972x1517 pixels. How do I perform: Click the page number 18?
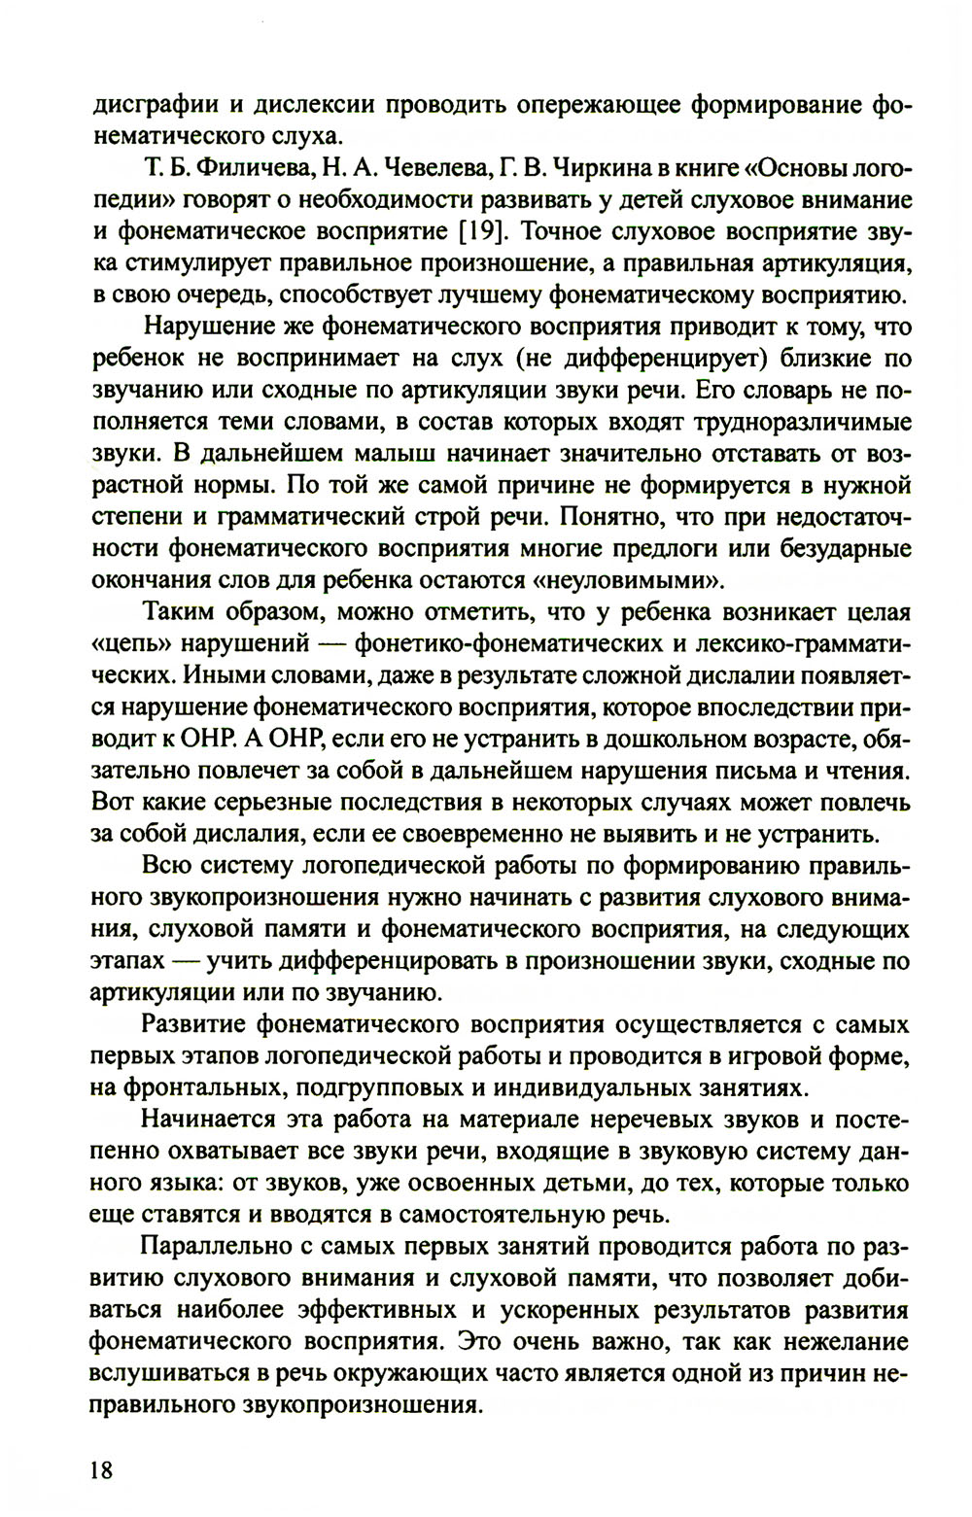[101, 1467]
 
